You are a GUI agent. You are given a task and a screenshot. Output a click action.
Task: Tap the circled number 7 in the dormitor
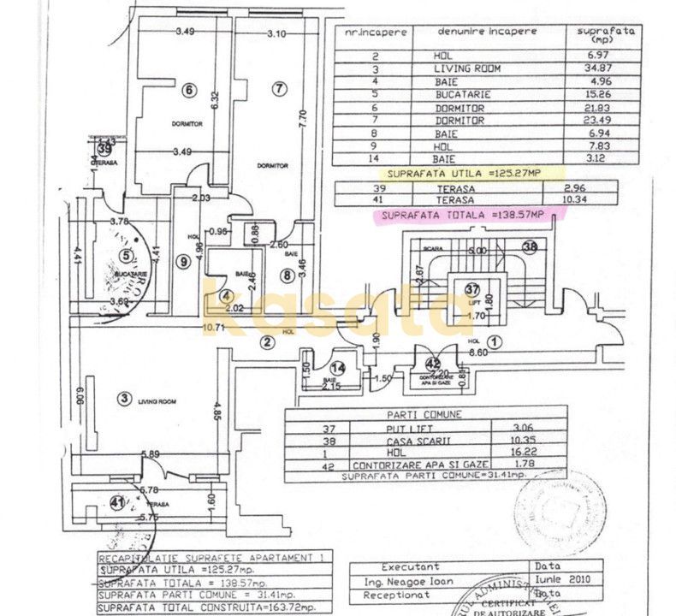pyautogui.click(x=278, y=88)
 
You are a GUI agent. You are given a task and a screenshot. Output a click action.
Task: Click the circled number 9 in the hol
pyautogui.click(x=182, y=262)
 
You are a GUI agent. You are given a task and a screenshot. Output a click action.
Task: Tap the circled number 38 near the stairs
pyautogui.click(x=530, y=249)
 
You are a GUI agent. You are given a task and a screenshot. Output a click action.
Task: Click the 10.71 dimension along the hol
pyautogui.click(x=213, y=326)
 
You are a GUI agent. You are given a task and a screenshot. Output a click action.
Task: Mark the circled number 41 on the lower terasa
pyautogui.click(x=116, y=501)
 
